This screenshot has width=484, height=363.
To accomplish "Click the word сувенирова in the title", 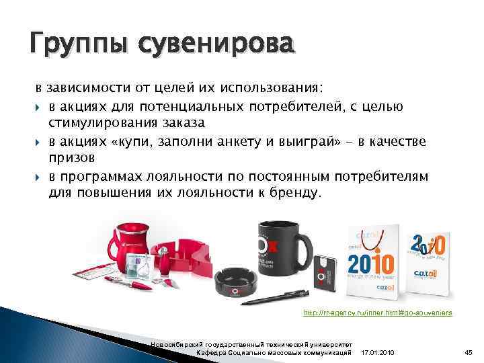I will tap(215, 47).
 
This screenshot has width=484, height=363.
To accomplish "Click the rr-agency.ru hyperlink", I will tap(378, 313).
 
